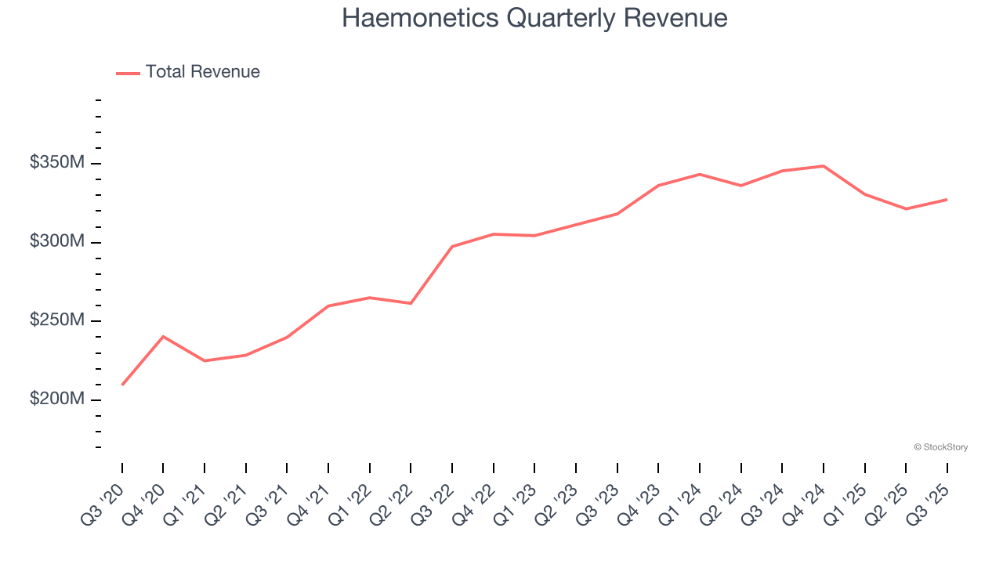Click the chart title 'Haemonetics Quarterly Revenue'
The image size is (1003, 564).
534,18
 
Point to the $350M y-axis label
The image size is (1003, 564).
57,163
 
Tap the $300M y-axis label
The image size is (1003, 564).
57,241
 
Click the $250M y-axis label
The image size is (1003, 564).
57,320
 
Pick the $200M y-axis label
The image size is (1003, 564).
57,399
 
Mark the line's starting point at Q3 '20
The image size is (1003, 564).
122,385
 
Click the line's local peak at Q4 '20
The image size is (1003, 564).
163,336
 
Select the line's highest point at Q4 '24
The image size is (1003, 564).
824,166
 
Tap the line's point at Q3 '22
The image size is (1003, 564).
452,247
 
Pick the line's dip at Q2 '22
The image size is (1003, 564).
411,303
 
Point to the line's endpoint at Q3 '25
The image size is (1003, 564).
947,200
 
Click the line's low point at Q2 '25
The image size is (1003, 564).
906,209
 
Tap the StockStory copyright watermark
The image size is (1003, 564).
940,447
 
